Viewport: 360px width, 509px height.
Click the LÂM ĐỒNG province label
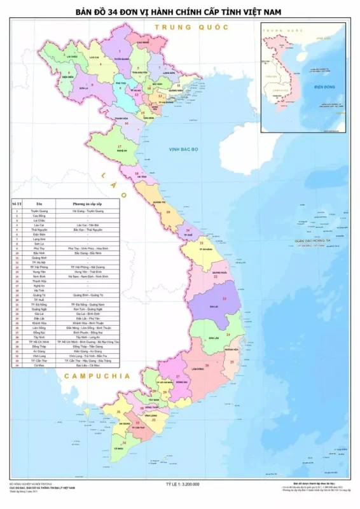tap(195, 368)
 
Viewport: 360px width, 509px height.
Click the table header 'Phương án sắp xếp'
tap(87, 203)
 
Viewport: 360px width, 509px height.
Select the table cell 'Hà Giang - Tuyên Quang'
tap(87, 209)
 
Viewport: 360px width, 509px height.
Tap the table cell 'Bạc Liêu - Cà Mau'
tap(87, 366)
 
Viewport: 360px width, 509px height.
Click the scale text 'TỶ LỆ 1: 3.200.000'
tap(181, 484)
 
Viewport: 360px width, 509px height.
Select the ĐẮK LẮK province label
tap(215, 337)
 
